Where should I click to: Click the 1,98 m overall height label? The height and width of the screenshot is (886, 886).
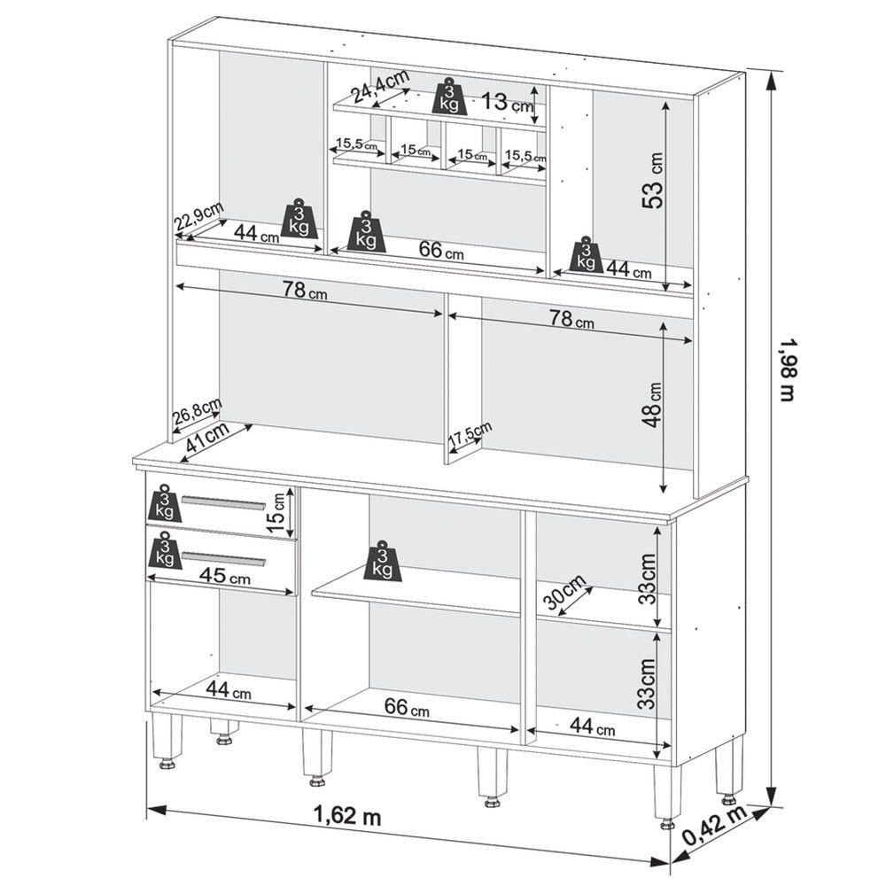click(787, 369)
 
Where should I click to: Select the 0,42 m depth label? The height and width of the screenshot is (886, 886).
click(715, 826)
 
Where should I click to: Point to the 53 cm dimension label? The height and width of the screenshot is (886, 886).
click(653, 181)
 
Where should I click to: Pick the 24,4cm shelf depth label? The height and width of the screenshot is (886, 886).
click(379, 86)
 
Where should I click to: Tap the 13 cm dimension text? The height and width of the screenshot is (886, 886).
click(507, 102)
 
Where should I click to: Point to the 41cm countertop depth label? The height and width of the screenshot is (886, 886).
click(207, 436)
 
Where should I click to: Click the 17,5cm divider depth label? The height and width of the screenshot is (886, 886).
click(470, 435)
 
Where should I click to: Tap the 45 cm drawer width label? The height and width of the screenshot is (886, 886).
click(225, 576)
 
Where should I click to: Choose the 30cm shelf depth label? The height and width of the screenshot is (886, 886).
click(565, 595)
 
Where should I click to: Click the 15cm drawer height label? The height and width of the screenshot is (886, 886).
click(276, 513)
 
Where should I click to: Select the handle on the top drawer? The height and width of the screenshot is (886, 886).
click(224, 502)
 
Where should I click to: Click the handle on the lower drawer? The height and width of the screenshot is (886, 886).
click(223, 557)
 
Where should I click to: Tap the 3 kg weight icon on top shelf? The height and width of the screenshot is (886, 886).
click(450, 97)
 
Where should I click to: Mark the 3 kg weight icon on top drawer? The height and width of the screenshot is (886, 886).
click(165, 502)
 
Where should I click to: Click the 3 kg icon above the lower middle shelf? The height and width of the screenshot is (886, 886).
click(383, 561)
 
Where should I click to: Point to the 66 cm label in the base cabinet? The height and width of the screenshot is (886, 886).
click(407, 707)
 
